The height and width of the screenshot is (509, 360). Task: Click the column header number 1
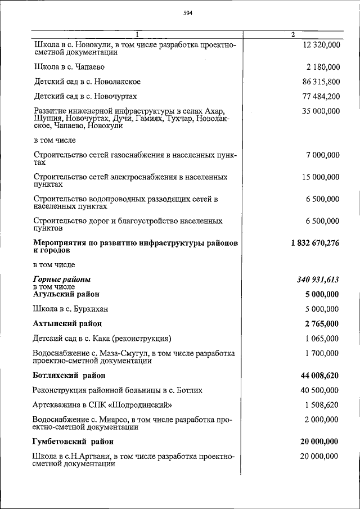tap(136, 35)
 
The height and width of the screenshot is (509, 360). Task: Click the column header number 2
tap(292, 35)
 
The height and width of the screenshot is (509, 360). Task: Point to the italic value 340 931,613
tap(317, 280)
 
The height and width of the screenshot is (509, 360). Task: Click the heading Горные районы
tap(62, 280)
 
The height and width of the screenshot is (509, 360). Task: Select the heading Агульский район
tap(67, 294)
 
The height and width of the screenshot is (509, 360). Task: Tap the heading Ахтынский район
tap(68, 323)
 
